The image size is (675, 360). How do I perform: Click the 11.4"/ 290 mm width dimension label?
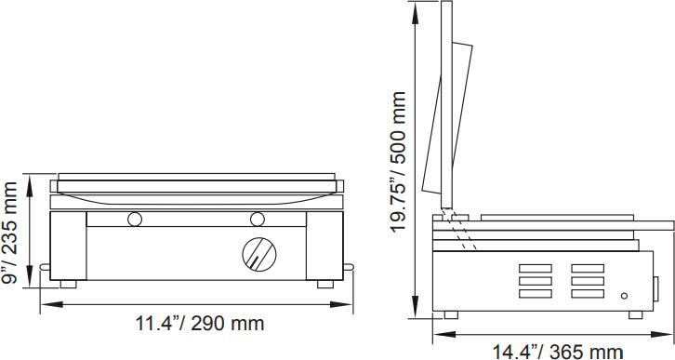click(200, 324)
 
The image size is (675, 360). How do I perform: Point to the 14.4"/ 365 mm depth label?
click(557, 351)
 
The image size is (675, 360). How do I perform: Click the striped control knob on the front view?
click(258, 253)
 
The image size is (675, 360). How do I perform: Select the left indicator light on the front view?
click(136, 220)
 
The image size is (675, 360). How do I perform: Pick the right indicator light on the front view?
click(258, 220)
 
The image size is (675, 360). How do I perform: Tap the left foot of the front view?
click(69, 282)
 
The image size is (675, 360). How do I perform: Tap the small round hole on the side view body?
click(624, 297)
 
